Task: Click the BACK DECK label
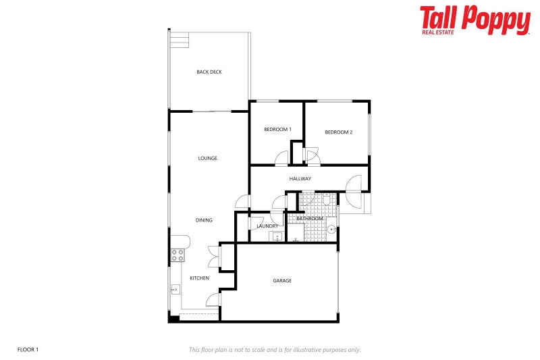(x=209, y=72)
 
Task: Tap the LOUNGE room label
(x=207, y=158)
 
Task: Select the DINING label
(x=204, y=220)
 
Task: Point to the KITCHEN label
(x=199, y=278)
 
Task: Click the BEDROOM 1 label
(x=277, y=130)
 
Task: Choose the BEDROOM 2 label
(x=339, y=132)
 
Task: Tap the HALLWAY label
(x=300, y=179)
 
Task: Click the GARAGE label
(x=282, y=281)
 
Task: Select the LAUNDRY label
(x=267, y=226)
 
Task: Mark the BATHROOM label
(x=310, y=219)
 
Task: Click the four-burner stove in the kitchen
(x=178, y=255)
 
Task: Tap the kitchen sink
(x=174, y=290)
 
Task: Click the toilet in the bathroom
(x=326, y=199)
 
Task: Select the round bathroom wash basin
(x=331, y=230)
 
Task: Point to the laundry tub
(x=275, y=236)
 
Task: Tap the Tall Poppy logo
(x=475, y=20)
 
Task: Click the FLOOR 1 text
(x=28, y=349)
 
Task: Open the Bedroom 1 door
(x=281, y=159)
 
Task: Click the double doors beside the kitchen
(x=214, y=257)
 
